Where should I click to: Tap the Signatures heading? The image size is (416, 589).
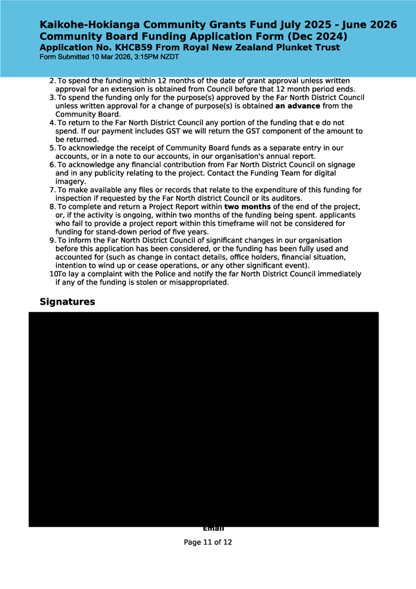click(x=67, y=302)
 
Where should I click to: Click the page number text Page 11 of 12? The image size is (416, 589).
click(x=208, y=542)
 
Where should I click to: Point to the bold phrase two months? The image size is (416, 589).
click(x=247, y=207)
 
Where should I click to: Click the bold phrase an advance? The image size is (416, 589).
click(x=297, y=105)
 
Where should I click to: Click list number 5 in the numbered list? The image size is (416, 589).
click(x=52, y=148)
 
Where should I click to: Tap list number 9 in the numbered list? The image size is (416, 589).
click(x=52, y=240)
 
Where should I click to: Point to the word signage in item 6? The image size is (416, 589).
click(x=339, y=165)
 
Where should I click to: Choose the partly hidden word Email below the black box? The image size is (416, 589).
click(x=213, y=530)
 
